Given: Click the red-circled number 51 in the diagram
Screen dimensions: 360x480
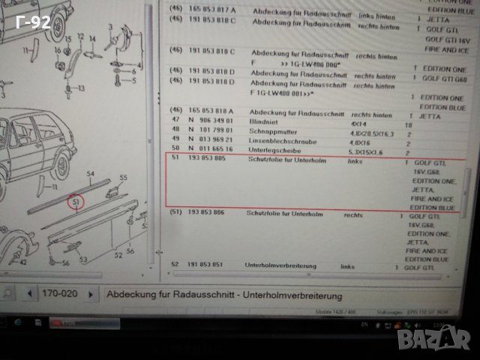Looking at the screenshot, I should [x=75, y=201].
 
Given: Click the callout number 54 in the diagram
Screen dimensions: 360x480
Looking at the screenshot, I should [x=90, y=174].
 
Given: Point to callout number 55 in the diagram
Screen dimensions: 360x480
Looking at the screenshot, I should [x=124, y=177].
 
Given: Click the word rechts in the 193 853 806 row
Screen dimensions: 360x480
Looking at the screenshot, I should [x=352, y=214].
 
